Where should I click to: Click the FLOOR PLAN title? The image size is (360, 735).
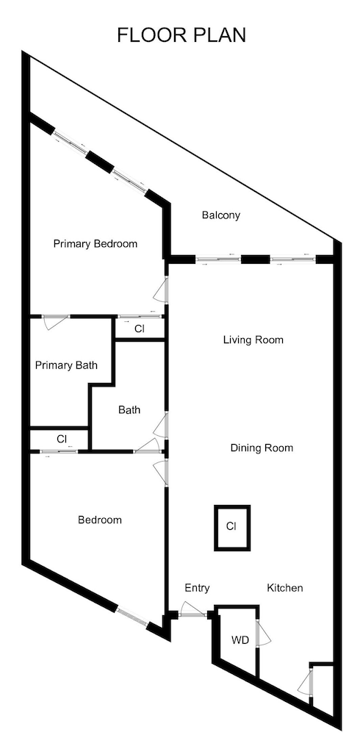tap(181, 35)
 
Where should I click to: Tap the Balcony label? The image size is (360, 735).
tap(221, 215)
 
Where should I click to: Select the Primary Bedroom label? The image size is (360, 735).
tap(96, 244)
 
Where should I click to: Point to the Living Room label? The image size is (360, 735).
tap(253, 340)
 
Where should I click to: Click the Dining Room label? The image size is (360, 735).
tap(262, 448)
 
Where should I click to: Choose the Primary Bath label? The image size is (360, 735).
tap(66, 365)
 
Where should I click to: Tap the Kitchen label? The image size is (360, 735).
tap(285, 588)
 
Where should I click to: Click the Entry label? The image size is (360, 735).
tap(197, 588)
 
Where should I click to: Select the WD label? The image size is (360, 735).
tap(240, 640)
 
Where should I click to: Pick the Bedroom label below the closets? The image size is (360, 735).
tap(100, 520)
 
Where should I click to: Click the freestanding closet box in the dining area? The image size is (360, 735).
tap(231, 526)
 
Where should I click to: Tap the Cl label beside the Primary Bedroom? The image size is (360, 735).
tap(140, 329)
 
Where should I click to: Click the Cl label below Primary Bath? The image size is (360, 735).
tap(62, 439)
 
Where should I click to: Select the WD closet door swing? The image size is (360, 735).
tap(264, 634)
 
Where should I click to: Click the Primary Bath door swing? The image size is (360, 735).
tap(55, 323)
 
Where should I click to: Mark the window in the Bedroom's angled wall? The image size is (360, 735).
tap(132, 617)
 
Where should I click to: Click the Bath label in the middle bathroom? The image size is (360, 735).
tap(129, 410)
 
